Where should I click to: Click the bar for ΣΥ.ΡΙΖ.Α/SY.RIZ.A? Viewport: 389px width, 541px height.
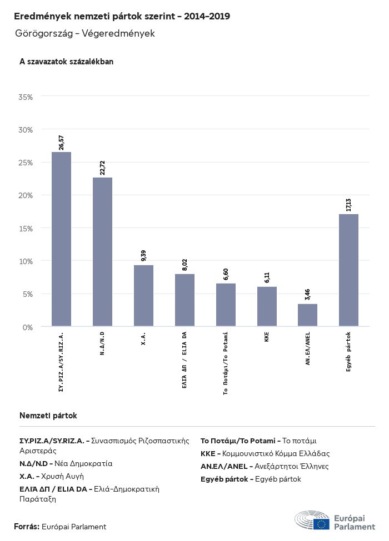click(61, 239)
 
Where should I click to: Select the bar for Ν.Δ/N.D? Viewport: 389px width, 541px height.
click(102, 252)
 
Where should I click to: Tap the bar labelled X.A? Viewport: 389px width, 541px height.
click(143, 296)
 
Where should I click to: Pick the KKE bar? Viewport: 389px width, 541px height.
click(267, 306)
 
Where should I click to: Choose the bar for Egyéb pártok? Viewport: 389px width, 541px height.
click(348, 270)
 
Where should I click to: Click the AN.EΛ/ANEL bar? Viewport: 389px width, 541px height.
click(307, 315)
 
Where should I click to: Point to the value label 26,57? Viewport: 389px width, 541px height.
click(61, 142)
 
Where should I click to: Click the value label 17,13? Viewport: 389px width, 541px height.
click(348, 204)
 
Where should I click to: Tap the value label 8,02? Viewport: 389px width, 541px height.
click(184, 264)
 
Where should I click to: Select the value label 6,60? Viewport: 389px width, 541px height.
click(226, 274)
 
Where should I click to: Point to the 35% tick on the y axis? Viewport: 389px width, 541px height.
click(26, 97)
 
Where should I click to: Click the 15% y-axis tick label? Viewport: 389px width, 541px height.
click(26, 229)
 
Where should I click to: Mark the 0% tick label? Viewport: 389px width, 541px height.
click(28, 327)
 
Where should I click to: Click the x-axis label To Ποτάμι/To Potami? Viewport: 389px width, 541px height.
click(226, 363)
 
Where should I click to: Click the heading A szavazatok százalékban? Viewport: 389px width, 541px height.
click(66, 62)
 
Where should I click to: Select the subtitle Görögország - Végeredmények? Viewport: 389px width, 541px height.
click(85, 34)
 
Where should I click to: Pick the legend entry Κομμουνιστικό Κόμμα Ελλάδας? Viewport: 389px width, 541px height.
click(265, 453)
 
